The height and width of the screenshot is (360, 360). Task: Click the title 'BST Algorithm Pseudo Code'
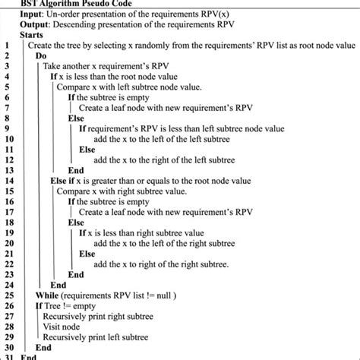81,4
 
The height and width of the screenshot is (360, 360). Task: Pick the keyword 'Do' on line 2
42,56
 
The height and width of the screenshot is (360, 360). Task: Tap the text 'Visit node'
67,326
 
